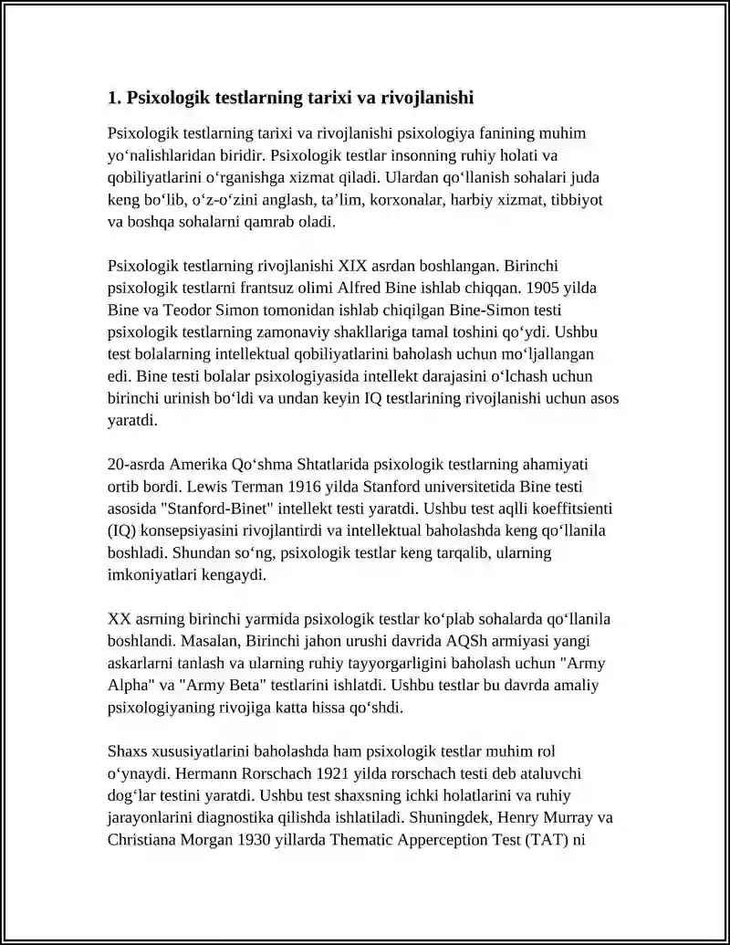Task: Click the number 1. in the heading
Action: point(114,98)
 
